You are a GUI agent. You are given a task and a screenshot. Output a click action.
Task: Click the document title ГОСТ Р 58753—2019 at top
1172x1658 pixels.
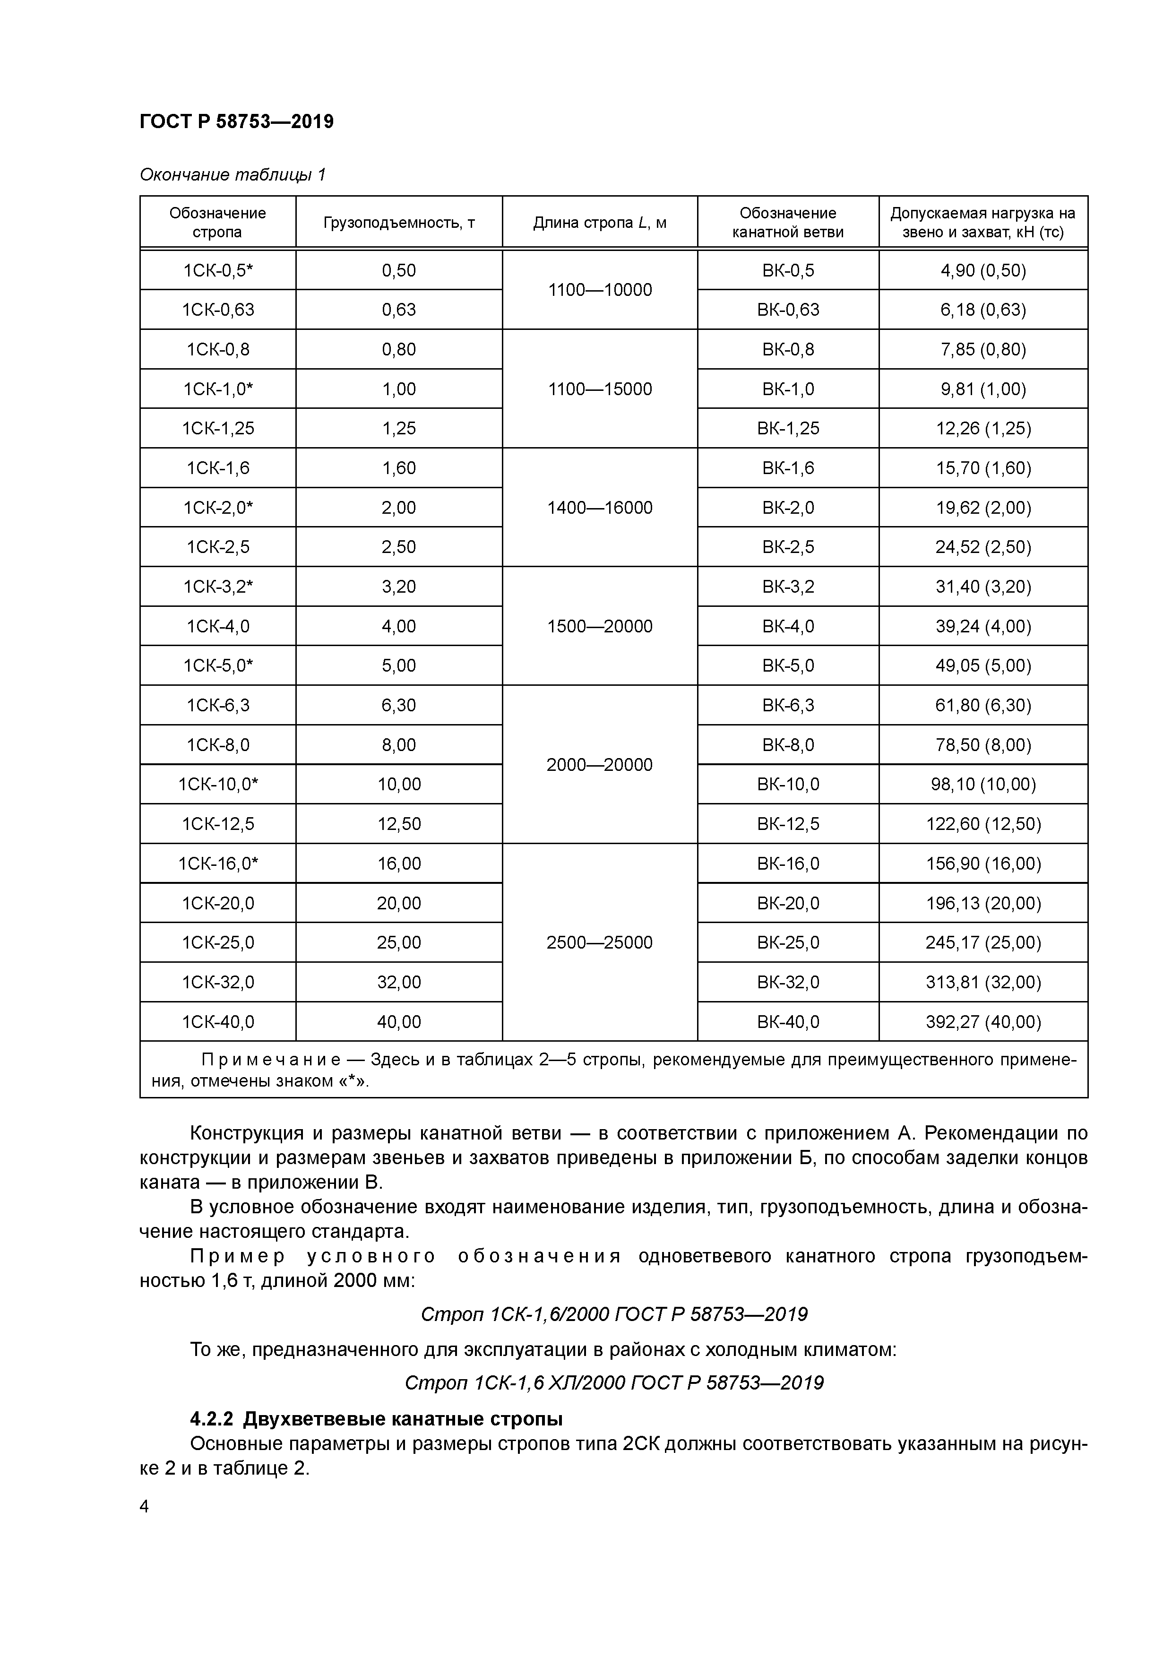point(236,121)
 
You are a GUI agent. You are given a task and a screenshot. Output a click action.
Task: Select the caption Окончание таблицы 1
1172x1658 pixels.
point(233,175)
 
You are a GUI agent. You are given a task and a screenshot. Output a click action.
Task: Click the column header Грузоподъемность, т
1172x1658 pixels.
point(398,223)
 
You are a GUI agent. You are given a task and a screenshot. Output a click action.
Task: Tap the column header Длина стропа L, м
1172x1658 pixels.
point(599,223)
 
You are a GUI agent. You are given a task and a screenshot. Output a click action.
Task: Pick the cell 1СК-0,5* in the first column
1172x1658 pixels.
point(218,270)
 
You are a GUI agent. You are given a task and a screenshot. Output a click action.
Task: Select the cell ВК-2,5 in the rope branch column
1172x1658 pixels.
point(788,547)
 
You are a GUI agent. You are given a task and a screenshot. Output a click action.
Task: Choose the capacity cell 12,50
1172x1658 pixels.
point(398,824)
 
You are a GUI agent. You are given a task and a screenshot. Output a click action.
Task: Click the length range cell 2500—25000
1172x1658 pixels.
point(599,942)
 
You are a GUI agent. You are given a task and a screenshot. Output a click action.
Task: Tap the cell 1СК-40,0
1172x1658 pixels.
point(218,1022)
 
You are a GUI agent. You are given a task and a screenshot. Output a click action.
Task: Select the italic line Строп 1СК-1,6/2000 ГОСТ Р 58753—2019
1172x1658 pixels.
point(614,1314)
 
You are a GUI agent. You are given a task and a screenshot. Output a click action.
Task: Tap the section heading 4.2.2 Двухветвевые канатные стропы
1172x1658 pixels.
point(376,1419)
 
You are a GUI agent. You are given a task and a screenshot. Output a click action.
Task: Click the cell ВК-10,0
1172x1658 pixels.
point(788,784)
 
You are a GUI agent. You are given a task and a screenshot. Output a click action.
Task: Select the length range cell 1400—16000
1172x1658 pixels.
point(599,508)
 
